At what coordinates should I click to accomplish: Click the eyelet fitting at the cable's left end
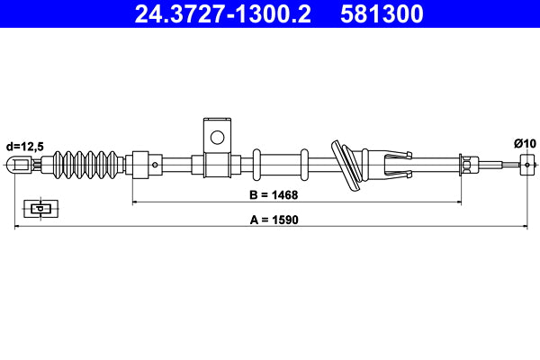coord(20,165)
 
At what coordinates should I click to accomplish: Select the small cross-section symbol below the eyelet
coord(39,209)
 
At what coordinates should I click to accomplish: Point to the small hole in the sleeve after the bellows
coord(155,165)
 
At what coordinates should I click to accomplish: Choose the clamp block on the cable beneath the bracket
coord(216,166)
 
